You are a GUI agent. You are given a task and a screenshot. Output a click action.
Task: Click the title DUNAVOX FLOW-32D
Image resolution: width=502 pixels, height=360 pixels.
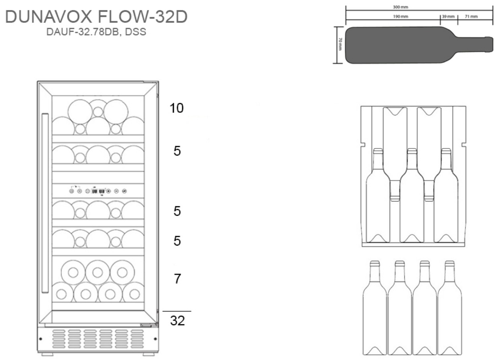[96, 16]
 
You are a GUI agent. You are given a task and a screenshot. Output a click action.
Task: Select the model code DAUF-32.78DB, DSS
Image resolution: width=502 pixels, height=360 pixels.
[96, 32]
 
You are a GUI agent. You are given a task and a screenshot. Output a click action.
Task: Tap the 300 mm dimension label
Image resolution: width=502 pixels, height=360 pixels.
[400, 7]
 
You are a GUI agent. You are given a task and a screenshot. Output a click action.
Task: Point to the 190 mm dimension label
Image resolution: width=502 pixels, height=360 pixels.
[400, 16]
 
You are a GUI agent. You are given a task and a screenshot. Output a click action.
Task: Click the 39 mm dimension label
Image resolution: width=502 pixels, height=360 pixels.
[448, 16]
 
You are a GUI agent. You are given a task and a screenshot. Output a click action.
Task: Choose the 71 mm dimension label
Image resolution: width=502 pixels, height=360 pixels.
[471, 16]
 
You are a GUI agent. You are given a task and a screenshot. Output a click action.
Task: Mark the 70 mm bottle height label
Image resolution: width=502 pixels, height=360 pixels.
[340, 44]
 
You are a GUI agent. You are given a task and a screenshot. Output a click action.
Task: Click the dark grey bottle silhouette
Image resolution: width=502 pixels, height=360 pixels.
[419, 45]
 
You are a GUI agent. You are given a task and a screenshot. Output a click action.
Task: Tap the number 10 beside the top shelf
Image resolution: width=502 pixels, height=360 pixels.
[177, 108]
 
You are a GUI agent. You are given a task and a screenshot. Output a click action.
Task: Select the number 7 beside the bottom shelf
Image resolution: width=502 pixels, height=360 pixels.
[177, 279]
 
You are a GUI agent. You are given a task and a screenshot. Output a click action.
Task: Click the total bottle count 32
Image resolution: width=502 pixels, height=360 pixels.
[177, 321]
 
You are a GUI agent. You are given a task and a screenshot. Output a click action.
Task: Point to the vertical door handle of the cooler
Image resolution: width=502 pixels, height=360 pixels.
[45, 203]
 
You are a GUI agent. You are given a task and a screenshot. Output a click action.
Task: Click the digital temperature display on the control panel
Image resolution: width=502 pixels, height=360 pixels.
[98, 191]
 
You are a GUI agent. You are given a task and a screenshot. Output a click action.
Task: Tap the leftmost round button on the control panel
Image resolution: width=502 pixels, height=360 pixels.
[71, 191]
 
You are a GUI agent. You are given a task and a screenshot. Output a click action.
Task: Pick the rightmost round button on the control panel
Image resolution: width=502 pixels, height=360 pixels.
[124, 191]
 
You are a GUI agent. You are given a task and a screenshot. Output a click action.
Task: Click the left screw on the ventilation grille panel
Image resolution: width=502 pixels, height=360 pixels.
[41, 339]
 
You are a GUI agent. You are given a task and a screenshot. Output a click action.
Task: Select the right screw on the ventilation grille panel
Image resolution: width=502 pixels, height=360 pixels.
[155, 339]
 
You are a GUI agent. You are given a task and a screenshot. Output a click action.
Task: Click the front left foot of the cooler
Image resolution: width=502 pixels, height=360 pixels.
[47, 354]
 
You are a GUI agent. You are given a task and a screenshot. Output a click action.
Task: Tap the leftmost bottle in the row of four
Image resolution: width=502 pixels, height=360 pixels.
[374, 307]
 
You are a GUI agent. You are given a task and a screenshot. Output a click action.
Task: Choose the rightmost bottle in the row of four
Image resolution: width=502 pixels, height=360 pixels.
[449, 307]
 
